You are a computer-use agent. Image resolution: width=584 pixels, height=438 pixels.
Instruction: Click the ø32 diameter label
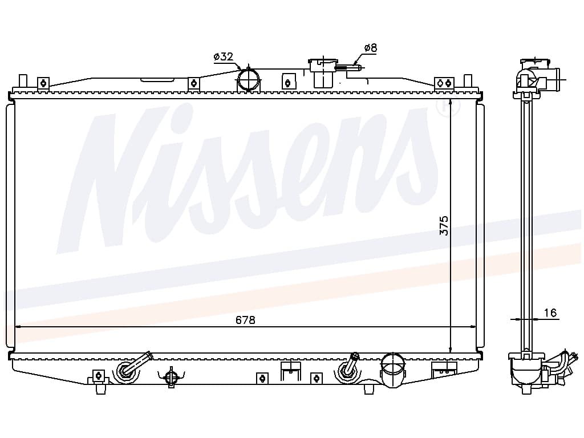[x=224, y=56]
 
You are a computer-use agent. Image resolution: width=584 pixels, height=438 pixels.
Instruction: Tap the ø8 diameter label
[x=371, y=48]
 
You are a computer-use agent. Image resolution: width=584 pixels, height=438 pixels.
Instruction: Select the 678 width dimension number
[x=245, y=320]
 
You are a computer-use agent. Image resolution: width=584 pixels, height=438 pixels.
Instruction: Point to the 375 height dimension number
[x=444, y=225]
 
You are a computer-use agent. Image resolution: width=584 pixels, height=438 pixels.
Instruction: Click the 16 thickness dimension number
[x=550, y=313]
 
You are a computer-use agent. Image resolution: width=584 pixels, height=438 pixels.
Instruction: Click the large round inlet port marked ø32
[x=249, y=80]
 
